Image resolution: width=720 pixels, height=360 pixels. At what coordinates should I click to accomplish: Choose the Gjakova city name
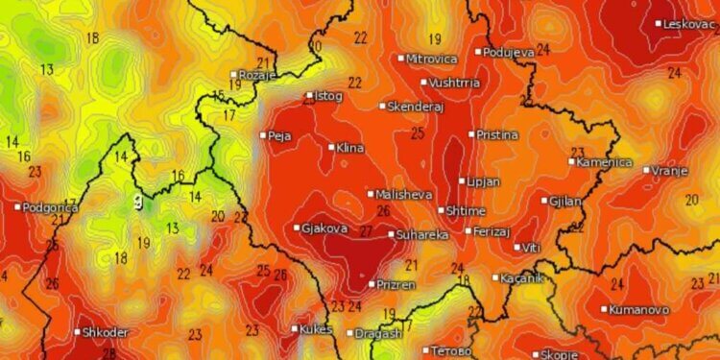pyautogui.click(x=324, y=228)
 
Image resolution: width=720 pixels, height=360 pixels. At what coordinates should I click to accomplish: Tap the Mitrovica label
pyautogui.click(x=432, y=59)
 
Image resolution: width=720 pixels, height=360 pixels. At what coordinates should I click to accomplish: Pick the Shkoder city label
pyautogui.click(x=106, y=332)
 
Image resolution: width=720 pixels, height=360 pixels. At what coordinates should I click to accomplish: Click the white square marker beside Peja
pyautogui.click(x=264, y=135)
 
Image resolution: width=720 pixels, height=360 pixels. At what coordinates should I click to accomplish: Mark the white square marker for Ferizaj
pyautogui.click(x=468, y=230)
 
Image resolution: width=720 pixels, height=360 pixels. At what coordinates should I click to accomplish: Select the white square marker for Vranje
pyautogui.click(x=645, y=170)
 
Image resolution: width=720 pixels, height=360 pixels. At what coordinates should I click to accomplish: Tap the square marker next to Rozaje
pyautogui.click(x=233, y=74)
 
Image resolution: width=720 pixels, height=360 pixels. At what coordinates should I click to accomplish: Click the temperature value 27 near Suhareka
pyautogui.click(x=366, y=231)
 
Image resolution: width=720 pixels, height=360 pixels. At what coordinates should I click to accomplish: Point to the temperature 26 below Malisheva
pyautogui.click(x=383, y=210)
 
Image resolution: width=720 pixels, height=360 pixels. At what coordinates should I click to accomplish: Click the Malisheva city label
pyautogui.click(x=404, y=194)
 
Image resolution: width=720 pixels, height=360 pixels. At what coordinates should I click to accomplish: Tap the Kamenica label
pyautogui.click(x=605, y=161)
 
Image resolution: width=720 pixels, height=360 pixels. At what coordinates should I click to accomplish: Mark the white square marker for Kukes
pyautogui.click(x=295, y=328)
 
